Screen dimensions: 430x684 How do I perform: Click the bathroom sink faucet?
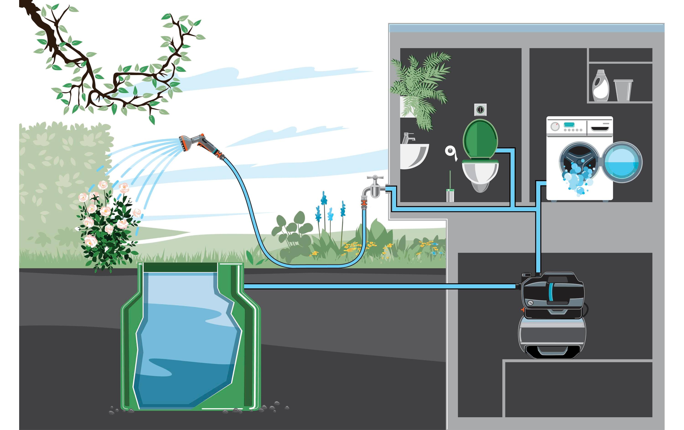(x=408, y=138)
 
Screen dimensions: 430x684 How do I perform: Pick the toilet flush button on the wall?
(x=480, y=110)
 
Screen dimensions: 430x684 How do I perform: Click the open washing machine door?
(x=622, y=162)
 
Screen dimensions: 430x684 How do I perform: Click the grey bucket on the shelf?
(x=623, y=90)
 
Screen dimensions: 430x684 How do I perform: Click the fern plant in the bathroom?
(x=420, y=85)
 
